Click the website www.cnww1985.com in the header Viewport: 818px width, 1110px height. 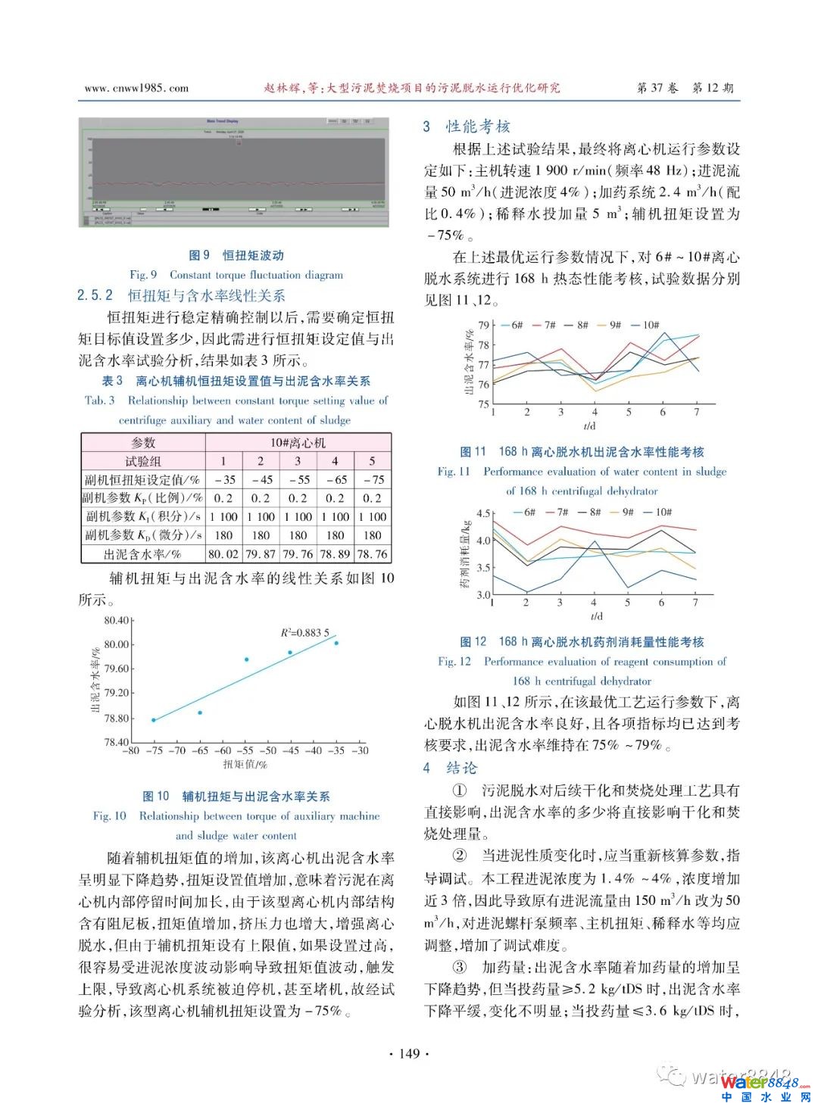click(136, 88)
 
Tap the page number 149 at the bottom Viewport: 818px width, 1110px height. click(409, 1053)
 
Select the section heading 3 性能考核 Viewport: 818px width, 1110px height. click(467, 126)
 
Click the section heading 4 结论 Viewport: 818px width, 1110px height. click(451, 768)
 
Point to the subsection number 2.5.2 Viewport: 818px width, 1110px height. click(95, 295)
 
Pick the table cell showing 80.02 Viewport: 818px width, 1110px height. click(223, 554)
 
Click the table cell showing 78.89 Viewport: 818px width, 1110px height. click(335, 554)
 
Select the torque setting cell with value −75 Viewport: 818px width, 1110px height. click(372, 480)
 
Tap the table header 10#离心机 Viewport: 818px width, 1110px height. click(298, 443)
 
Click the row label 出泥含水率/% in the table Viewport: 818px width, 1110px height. click(142, 554)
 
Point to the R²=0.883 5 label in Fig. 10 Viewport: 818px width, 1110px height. click(304, 633)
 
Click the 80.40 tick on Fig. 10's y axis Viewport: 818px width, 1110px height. click(117, 621)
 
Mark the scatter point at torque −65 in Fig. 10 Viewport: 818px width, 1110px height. click(200, 712)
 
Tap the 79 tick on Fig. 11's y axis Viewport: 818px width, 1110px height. click(484, 326)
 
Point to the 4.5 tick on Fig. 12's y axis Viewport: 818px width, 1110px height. click(483, 513)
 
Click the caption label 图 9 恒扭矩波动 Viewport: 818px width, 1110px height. click(236, 255)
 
